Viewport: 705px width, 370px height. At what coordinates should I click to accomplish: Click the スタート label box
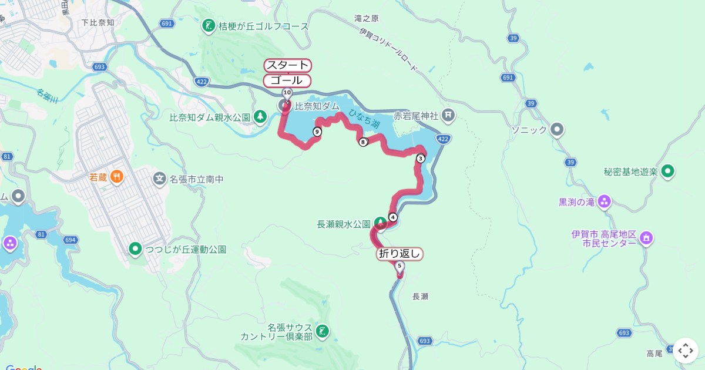[287, 65]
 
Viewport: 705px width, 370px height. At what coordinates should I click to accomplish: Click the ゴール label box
[287, 80]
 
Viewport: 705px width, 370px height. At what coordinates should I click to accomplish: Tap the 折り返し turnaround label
[399, 254]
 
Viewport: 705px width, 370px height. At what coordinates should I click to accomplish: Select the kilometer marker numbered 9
[317, 132]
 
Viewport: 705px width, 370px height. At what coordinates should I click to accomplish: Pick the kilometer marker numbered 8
[363, 142]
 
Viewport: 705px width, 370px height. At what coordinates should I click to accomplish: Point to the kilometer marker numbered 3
[421, 158]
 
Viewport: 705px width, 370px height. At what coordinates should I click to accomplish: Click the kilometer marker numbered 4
[393, 217]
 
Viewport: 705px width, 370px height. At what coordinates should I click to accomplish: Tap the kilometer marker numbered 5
[400, 266]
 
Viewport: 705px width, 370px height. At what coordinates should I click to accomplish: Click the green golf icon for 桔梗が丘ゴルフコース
[209, 26]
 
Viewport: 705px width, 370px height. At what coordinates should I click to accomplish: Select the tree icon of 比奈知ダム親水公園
[260, 117]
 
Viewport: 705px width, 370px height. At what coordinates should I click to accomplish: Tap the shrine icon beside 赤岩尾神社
[448, 115]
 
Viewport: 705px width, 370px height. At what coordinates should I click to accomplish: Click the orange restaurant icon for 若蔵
[116, 176]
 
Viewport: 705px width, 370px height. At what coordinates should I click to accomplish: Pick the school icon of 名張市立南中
[159, 179]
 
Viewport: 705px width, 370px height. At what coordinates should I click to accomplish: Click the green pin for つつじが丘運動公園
[136, 250]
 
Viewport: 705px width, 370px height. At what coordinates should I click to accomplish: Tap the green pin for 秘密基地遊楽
[667, 172]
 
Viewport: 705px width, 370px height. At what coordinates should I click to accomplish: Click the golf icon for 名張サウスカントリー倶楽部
[322, 331]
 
